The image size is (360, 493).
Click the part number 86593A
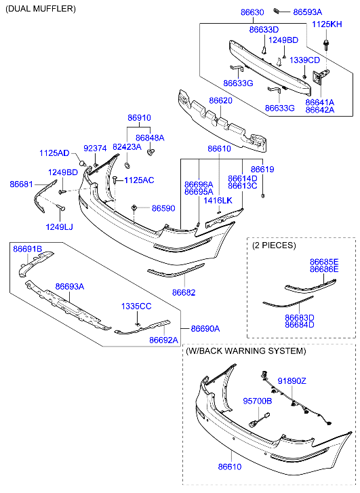tap(308, 12)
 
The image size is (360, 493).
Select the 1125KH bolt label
tap(327, 24)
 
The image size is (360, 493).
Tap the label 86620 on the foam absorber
tap(221, 100)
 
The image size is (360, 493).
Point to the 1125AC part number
tap(139, 180)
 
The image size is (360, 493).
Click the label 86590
tap(163, 208)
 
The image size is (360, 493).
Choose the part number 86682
tap(184, 292)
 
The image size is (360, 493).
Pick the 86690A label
tap(205, 329)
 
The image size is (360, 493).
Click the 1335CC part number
tap(136, 307)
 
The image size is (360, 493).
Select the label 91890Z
tap(292, 381)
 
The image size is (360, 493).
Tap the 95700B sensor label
tap(258, 401)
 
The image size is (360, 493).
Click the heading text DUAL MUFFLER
tap(41, 9)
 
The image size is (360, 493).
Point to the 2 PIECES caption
tap(274, 245)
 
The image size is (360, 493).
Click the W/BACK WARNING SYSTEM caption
tap(245, 351)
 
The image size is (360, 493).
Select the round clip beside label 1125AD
tap(83, 163)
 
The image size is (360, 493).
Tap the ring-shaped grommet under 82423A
tap(127, 165)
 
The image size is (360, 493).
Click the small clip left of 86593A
tap(277, 11)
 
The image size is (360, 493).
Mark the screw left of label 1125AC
tap(115, 180)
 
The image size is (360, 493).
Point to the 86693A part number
tap(70, 287)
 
